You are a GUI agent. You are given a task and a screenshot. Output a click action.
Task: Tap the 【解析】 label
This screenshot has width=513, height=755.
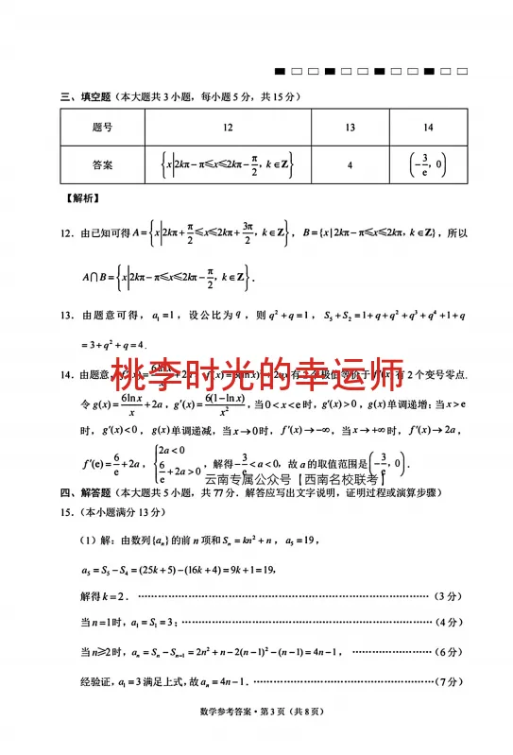coord(80,198)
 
